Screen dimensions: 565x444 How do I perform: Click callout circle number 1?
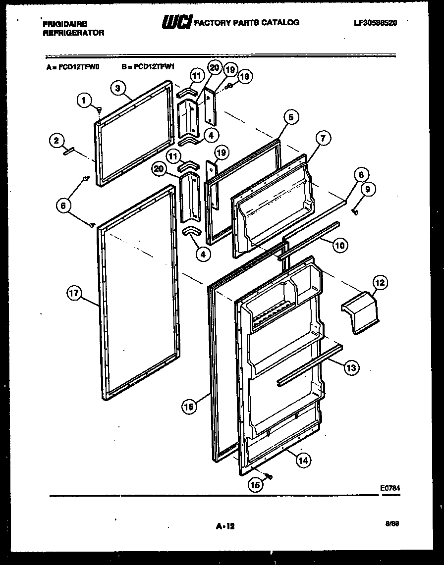pos(84,101)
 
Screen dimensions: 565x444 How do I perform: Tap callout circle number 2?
pos(56,141)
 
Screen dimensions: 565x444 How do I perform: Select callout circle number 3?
pos(117,89)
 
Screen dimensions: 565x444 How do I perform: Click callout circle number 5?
pos(291,117)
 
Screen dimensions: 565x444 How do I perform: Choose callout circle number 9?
pos(368,189)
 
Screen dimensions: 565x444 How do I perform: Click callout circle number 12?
pos(380,283)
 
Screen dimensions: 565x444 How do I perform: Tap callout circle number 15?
pos(256,486)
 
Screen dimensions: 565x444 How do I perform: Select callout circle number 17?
pos(74,294)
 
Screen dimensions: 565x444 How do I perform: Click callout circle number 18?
pos(244,77)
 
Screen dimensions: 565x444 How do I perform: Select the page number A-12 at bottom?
pos(225,527)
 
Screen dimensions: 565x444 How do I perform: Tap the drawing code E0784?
pos(390,488)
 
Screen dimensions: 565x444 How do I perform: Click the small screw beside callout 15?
pos(269,476)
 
